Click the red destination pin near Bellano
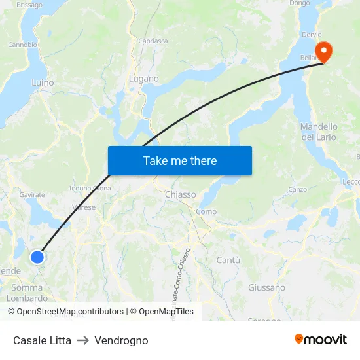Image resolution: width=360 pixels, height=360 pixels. coord(323,51)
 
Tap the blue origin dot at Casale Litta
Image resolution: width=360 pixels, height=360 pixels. coord(37,257)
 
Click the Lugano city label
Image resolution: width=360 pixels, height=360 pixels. coord(144,79)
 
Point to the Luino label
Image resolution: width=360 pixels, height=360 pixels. coord(43,83)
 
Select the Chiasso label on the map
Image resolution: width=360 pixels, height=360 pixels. coord(180,194)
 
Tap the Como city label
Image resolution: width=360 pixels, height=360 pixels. coord(206,211)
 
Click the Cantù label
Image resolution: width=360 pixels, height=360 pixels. coord(228,260)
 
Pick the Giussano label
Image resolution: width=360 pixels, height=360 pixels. coord(266,287)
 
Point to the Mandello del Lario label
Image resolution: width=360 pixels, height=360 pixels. coord(319,132)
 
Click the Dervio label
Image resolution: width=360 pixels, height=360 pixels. coord(312,34)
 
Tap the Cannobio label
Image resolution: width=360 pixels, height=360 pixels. coord(22,45)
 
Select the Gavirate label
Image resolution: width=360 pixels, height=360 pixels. coord(32,194)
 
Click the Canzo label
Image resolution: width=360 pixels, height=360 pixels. coord(298,189)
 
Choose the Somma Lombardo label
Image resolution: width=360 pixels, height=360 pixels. coord(27,293)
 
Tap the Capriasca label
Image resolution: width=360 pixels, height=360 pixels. coord(153,41)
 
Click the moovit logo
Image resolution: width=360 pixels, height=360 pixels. coord(321,340)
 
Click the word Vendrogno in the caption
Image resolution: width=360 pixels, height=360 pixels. coord(121,340)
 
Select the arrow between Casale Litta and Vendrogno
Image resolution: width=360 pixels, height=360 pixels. coord(82,340)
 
